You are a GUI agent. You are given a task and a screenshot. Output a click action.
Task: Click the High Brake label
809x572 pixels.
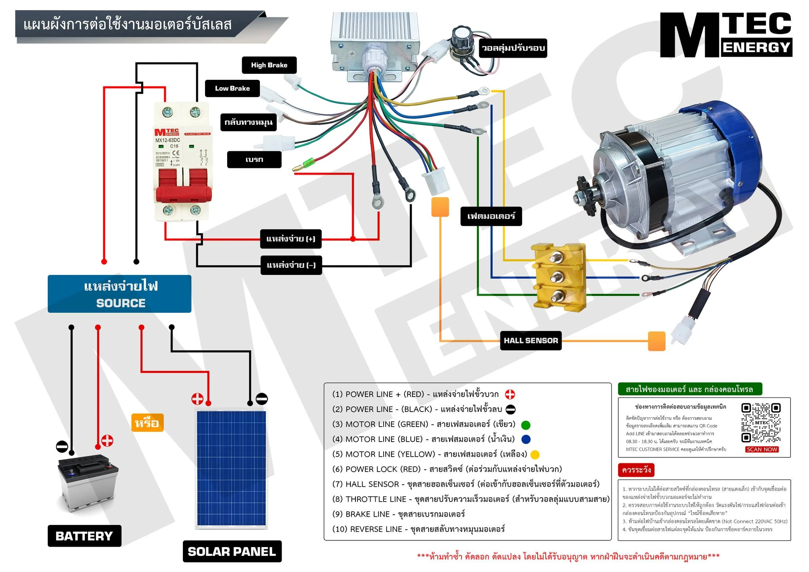tap(269, 65)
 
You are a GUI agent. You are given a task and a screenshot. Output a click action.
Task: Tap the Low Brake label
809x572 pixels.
tap(232, 88)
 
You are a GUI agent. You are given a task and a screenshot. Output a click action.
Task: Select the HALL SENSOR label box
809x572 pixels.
tap(531, 341)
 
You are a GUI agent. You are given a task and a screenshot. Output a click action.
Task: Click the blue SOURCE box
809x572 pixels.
tap(119, 294)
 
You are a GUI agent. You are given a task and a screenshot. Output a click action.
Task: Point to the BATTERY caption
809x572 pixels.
tap(84, 536)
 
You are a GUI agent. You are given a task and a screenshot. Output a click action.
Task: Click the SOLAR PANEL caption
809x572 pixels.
tap(232, 551)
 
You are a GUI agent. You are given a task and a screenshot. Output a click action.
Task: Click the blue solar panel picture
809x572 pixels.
tap(231, 469)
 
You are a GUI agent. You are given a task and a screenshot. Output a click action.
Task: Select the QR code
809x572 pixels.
tap(761, 423)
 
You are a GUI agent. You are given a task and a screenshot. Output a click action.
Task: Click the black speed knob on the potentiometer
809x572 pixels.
tap(460, 36)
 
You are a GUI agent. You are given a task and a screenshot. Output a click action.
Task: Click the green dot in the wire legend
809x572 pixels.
tap(525, 425)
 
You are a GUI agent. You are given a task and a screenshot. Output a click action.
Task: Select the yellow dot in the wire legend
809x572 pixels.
tap(535, 455)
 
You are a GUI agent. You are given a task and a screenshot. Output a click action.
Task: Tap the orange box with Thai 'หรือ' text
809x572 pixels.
tap(147, 423)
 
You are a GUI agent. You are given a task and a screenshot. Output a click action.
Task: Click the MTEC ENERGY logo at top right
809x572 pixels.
tap(726, 35)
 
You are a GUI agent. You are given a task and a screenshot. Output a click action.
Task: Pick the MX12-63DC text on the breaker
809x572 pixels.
tap(167, 140)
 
